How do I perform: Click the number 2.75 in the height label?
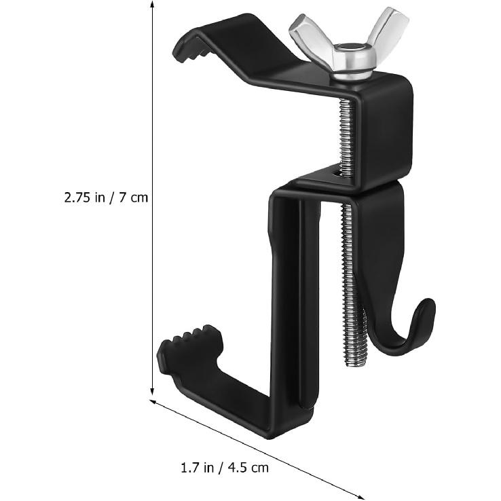click(79, 198)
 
